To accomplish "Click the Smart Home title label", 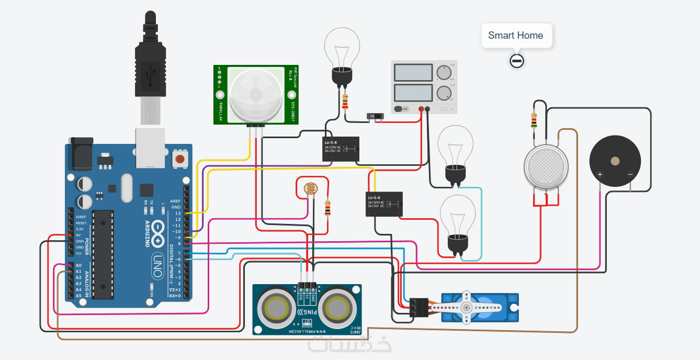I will point(515,36).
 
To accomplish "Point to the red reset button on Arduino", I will point(179,159).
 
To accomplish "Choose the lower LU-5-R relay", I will point(384,204).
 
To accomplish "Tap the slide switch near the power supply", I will point(374,116).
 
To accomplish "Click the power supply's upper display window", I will point(412,73).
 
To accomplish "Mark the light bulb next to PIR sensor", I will point(342,55).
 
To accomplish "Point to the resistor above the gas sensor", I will point(534,120).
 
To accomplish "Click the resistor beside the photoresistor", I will point(328,208).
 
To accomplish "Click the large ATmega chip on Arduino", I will point(103,254).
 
